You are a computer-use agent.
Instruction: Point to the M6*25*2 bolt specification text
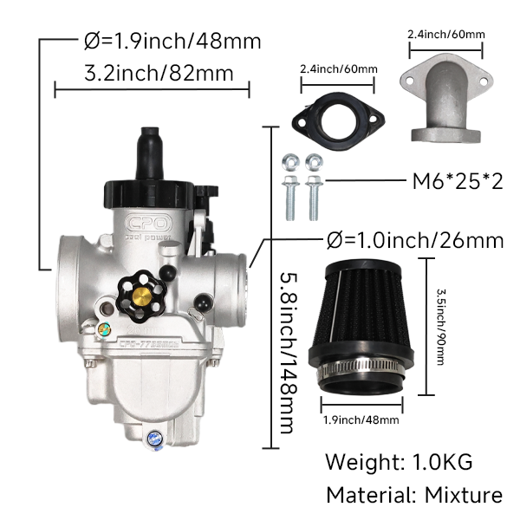[456, 182]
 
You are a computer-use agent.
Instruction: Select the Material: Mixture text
[413, 495]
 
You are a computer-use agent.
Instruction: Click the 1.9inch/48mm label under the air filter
[360, 420]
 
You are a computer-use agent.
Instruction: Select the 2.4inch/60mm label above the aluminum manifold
[445, 35]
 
